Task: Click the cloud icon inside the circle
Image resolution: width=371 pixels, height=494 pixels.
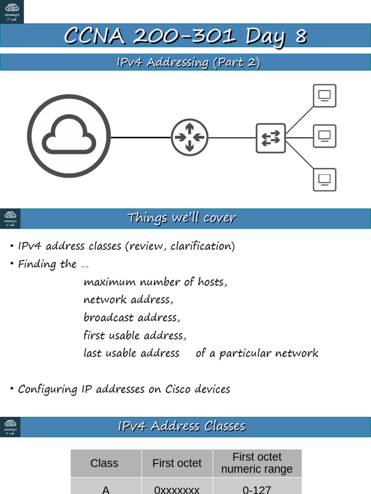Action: pyautogui.click(x=69, y=136)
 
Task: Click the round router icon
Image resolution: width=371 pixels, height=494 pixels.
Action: pyautogui.click(x=189, y=137)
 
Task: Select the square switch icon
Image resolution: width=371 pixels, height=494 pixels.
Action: pyautogui.click(x=271, y=138)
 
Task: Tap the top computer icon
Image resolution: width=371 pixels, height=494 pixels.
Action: pyautogui.click(x=324, y=96)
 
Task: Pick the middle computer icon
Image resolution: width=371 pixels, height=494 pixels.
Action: pyautogui.click(x=324, y=136)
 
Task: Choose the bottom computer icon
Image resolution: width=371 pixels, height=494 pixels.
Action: pyautogui.click(x=324, y=179)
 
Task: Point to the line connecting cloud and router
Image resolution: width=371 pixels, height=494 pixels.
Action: pyautogui.click(x=141, y=137)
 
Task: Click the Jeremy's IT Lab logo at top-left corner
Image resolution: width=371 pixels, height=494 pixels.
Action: pyautogui.click(x=12, y=12)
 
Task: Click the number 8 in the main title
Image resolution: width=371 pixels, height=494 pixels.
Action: pyautogui.click(x=300, y=36)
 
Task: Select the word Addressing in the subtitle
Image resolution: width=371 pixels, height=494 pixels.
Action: pyautogui.click(x=169, y=62)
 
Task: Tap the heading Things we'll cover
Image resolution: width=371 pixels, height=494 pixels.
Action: pyautogui.click(x=182, y=218)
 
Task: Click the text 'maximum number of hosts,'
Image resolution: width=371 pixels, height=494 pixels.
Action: pyautogui.click(x=155, y=282)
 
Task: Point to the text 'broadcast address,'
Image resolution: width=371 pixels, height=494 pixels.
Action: pyautogui.click(x=131, y=317)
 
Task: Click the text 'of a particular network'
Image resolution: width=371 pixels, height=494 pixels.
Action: pyautogui.click(x=257, y=353)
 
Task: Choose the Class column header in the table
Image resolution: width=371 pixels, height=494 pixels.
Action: pyautogui.click(x=104, y=463)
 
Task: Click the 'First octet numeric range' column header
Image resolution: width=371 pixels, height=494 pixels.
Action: pyautogui.click(x=257, y=463)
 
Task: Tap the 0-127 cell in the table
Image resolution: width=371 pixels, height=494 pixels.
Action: pyautogui.click(x=257, y=489)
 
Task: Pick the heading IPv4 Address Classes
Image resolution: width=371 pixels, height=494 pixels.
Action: pyautogui.click(x=182, y=426)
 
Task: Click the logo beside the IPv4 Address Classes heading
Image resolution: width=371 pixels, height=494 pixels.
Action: pyautogui.click(x=10, y=427)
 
